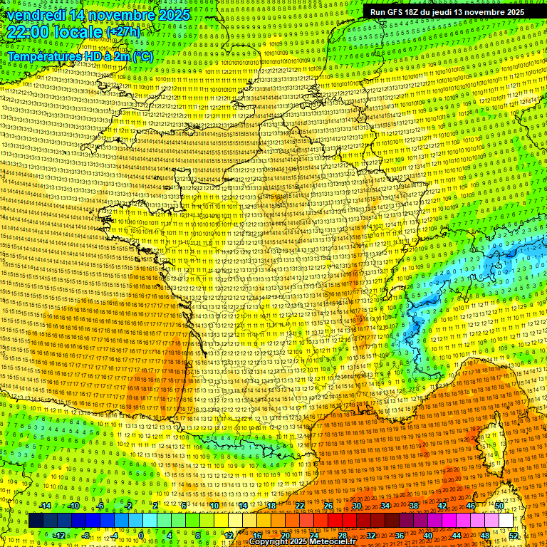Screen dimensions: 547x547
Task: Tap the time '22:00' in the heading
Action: (28, 32)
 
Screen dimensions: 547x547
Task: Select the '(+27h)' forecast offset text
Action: (123, 32)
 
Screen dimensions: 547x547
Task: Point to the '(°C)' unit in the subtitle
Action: (141, 56)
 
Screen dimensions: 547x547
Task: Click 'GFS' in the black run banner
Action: (400, 12)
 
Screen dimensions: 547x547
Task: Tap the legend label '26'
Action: (328, 506)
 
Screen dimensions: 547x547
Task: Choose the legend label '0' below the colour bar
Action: (142, 536)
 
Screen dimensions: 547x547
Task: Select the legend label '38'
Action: (414, 506)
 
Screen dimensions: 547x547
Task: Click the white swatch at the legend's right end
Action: (506, 521)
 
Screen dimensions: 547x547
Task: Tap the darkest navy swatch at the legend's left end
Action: (36, 521)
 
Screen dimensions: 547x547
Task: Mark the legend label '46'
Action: (471, 506)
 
